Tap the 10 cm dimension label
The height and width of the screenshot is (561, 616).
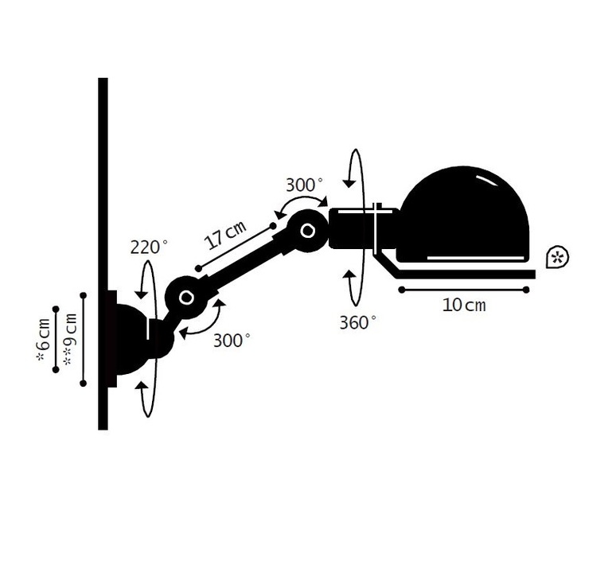pyautogui.click(x=464, y=306)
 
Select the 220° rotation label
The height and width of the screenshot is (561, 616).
pyautogui.click(x=149, y=247)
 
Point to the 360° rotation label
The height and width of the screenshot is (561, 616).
pyautogui.click(x=357, y=322)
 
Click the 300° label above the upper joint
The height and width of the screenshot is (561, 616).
pyautogui.click(x=304, y=185)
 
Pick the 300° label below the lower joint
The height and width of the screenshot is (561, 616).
pyautogui.click(x=232, y=341)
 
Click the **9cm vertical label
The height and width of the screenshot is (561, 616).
pyautogui.click(x=70, y=340)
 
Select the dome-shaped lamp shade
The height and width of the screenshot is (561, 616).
pyautogui.click(x=462, y=215)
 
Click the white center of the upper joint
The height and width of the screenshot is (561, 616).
pyautogui.click(x=308, y=231)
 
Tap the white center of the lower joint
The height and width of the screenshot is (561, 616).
pyautogui.click(x=185, y=298)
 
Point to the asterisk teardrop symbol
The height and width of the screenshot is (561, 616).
pyautogui.click(x=557, y=257)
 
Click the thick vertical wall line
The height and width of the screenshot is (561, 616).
pyautogui.click(x=103, y=254)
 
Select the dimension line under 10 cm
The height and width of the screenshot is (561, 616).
pyautogui.click(x=464, y=290)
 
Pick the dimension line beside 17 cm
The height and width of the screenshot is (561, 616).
pyautogui.click(x=236, y=247)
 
